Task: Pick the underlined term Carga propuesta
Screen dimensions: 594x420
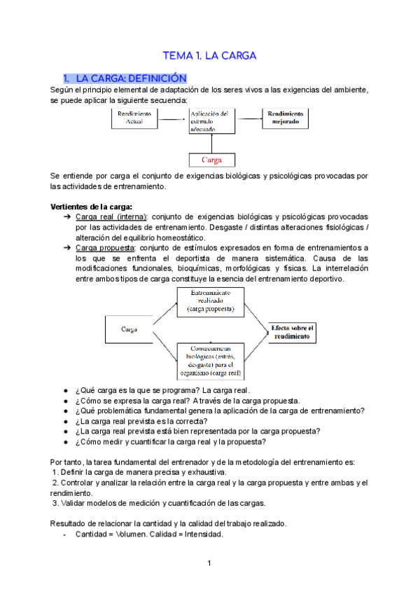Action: (x=105, y=248)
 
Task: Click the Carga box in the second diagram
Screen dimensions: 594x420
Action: (x=129, y=329)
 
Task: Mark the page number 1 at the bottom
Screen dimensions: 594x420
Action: (x=209, y=563)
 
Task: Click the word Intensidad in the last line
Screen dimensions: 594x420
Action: (x=204, y=534)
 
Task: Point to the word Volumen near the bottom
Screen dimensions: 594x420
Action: (x=132, y=534)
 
